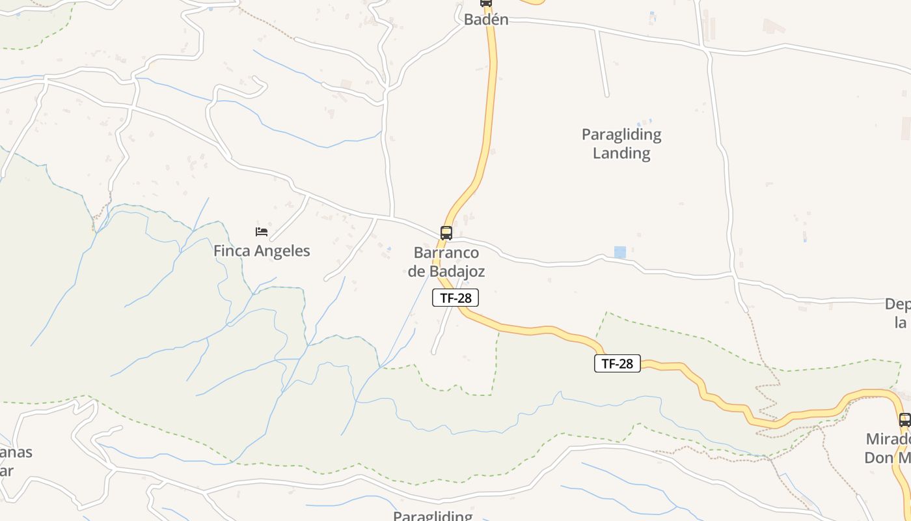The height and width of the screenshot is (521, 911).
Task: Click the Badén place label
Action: click(x=485, y=20)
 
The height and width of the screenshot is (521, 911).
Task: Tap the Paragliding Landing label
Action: click(x=621, y=144)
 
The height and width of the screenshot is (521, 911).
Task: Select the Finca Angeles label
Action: click(x=262, y=251)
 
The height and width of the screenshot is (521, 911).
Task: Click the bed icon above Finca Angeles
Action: click(x=262, y=232)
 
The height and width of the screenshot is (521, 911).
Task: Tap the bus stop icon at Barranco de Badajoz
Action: click(x=446, y=233)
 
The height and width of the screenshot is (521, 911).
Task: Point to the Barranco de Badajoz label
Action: click(x=446, y=262)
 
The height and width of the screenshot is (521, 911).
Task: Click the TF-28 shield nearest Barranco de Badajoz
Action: click(x=455, y=298)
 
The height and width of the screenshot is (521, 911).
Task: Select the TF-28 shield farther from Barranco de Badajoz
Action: click(x=617, y=363)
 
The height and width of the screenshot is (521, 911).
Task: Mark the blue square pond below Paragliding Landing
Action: click(x=620, y=252)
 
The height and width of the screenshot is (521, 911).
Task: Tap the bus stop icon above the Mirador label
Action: click(x=904, y=420)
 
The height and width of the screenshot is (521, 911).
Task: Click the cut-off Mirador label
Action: click(x=888, y=448)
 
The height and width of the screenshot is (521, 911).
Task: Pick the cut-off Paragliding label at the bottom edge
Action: click(x=433, y=516)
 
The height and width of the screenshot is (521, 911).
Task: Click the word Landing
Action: click(x=621, y=154)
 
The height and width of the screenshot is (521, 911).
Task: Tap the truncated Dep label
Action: click(x=897, y=313)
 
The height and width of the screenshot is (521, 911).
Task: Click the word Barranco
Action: click(x=446, y=253)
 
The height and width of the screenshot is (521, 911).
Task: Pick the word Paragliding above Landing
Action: click(x=621, y=135)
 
